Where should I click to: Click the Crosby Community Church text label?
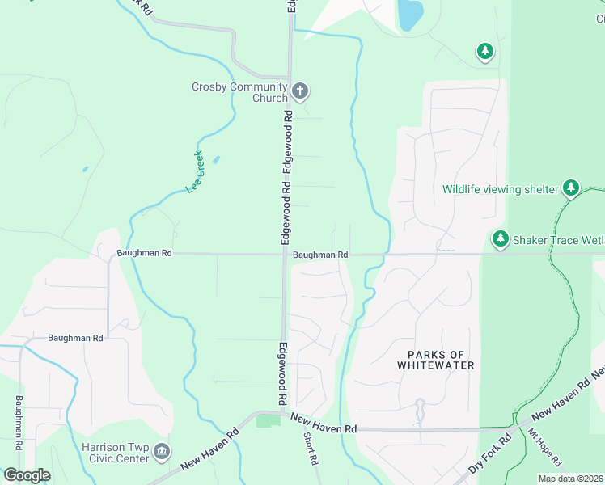click(239, 92)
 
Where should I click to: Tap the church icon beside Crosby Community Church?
click(300, 91)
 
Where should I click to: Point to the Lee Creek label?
click(195, 173)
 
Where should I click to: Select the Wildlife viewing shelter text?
click(500, 189)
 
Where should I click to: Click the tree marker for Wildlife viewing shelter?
click(572, 188)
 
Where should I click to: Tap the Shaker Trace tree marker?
click(501, 238)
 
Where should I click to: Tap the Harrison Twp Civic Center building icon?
click(162, 450)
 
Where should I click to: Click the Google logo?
click(26, 475)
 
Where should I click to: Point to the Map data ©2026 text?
click(570, 479)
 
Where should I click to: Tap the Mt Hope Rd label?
click(544, 448)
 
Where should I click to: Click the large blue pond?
click(410, 14)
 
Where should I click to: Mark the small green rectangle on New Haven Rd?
click(267, 421)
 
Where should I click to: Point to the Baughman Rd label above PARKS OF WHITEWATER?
click(320, 255)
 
